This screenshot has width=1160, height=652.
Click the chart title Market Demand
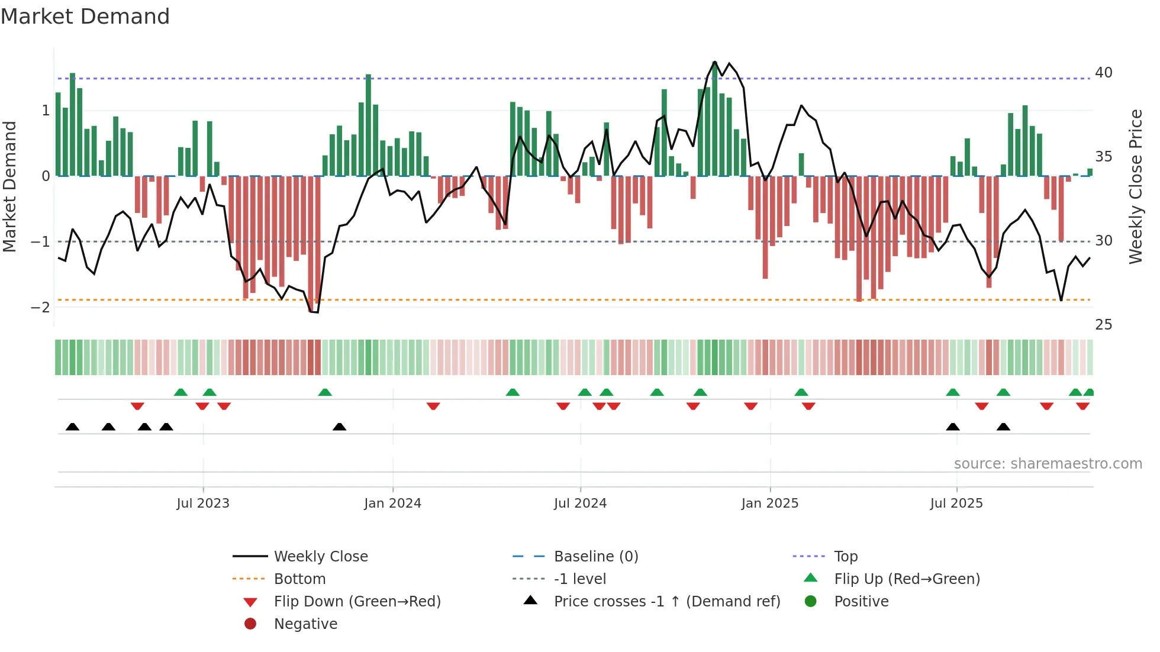[85, 17]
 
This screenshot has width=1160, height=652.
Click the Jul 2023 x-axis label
[203, 503]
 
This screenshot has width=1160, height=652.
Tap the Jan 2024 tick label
[392, 503]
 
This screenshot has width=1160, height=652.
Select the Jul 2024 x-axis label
[580, 503]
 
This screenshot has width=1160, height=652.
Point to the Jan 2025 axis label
[769, 503]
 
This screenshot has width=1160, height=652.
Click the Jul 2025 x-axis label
[956, 503]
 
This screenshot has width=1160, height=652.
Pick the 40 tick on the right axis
[1103, 73]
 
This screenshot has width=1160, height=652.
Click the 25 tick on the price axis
[1103, 325]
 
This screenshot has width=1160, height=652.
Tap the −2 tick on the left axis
[40, 307]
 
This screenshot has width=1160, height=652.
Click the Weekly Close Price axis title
[1135, 186]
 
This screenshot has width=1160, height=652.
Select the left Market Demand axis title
[9, 186]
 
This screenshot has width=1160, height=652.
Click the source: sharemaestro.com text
[1048, 464]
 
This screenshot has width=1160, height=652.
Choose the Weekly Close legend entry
[320, 557]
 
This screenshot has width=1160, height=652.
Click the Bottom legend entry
[299, 579]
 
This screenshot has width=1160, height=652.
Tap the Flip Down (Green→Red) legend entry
[357, 602]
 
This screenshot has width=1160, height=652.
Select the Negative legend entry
[305, 624]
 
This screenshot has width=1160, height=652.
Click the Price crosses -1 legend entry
[666, 602]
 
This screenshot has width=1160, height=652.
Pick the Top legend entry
[845, 557]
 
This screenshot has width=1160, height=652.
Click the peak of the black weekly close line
[715, 62]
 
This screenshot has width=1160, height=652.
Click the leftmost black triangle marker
[72, 427]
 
